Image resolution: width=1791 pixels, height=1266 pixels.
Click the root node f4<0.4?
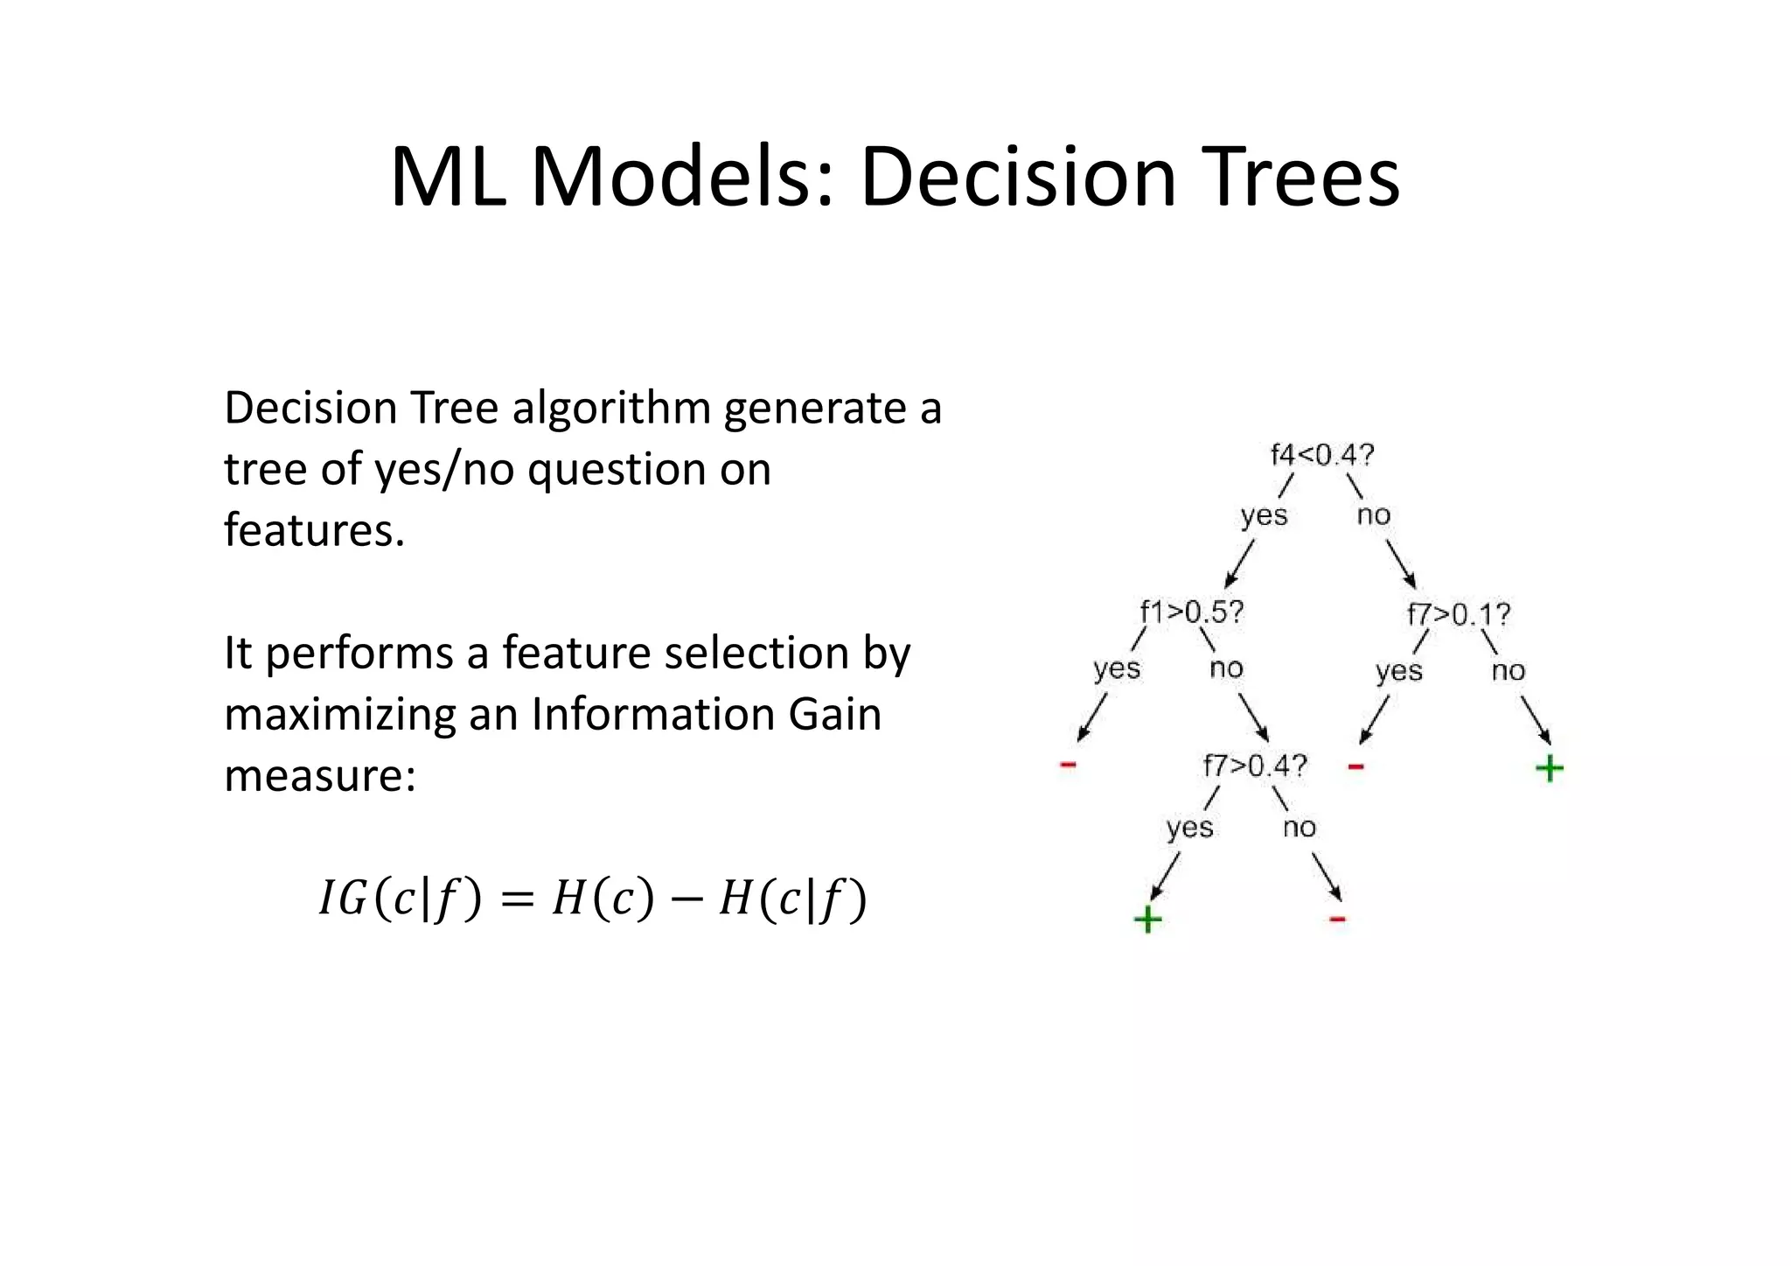pos(1321,455)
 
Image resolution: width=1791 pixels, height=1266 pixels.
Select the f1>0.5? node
pos(1191,612)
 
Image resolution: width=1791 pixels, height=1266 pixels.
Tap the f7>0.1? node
pos(1458,614)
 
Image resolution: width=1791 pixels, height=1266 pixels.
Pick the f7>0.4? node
pos(1254,766)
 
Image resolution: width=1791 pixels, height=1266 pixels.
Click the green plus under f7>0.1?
pos(1549,769)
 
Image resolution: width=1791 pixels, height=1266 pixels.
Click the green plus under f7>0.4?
pos(1147,920)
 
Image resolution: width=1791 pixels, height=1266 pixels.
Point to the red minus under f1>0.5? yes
pos(1068,766)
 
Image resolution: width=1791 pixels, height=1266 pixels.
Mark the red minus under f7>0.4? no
pos(1337,920)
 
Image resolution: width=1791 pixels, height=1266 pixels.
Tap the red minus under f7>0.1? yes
pos(1355,767)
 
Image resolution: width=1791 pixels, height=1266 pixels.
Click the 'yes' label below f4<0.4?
pos(1264,515)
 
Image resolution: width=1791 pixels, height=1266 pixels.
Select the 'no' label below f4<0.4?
pos(1373,515)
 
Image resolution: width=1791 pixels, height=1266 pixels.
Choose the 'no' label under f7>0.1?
pos(1508,671)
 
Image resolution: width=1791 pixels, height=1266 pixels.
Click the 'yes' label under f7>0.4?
pos(1189,828)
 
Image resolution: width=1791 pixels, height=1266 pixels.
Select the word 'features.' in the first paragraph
pos(314,530)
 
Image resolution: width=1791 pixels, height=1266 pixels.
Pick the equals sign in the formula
pos(516,899)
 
